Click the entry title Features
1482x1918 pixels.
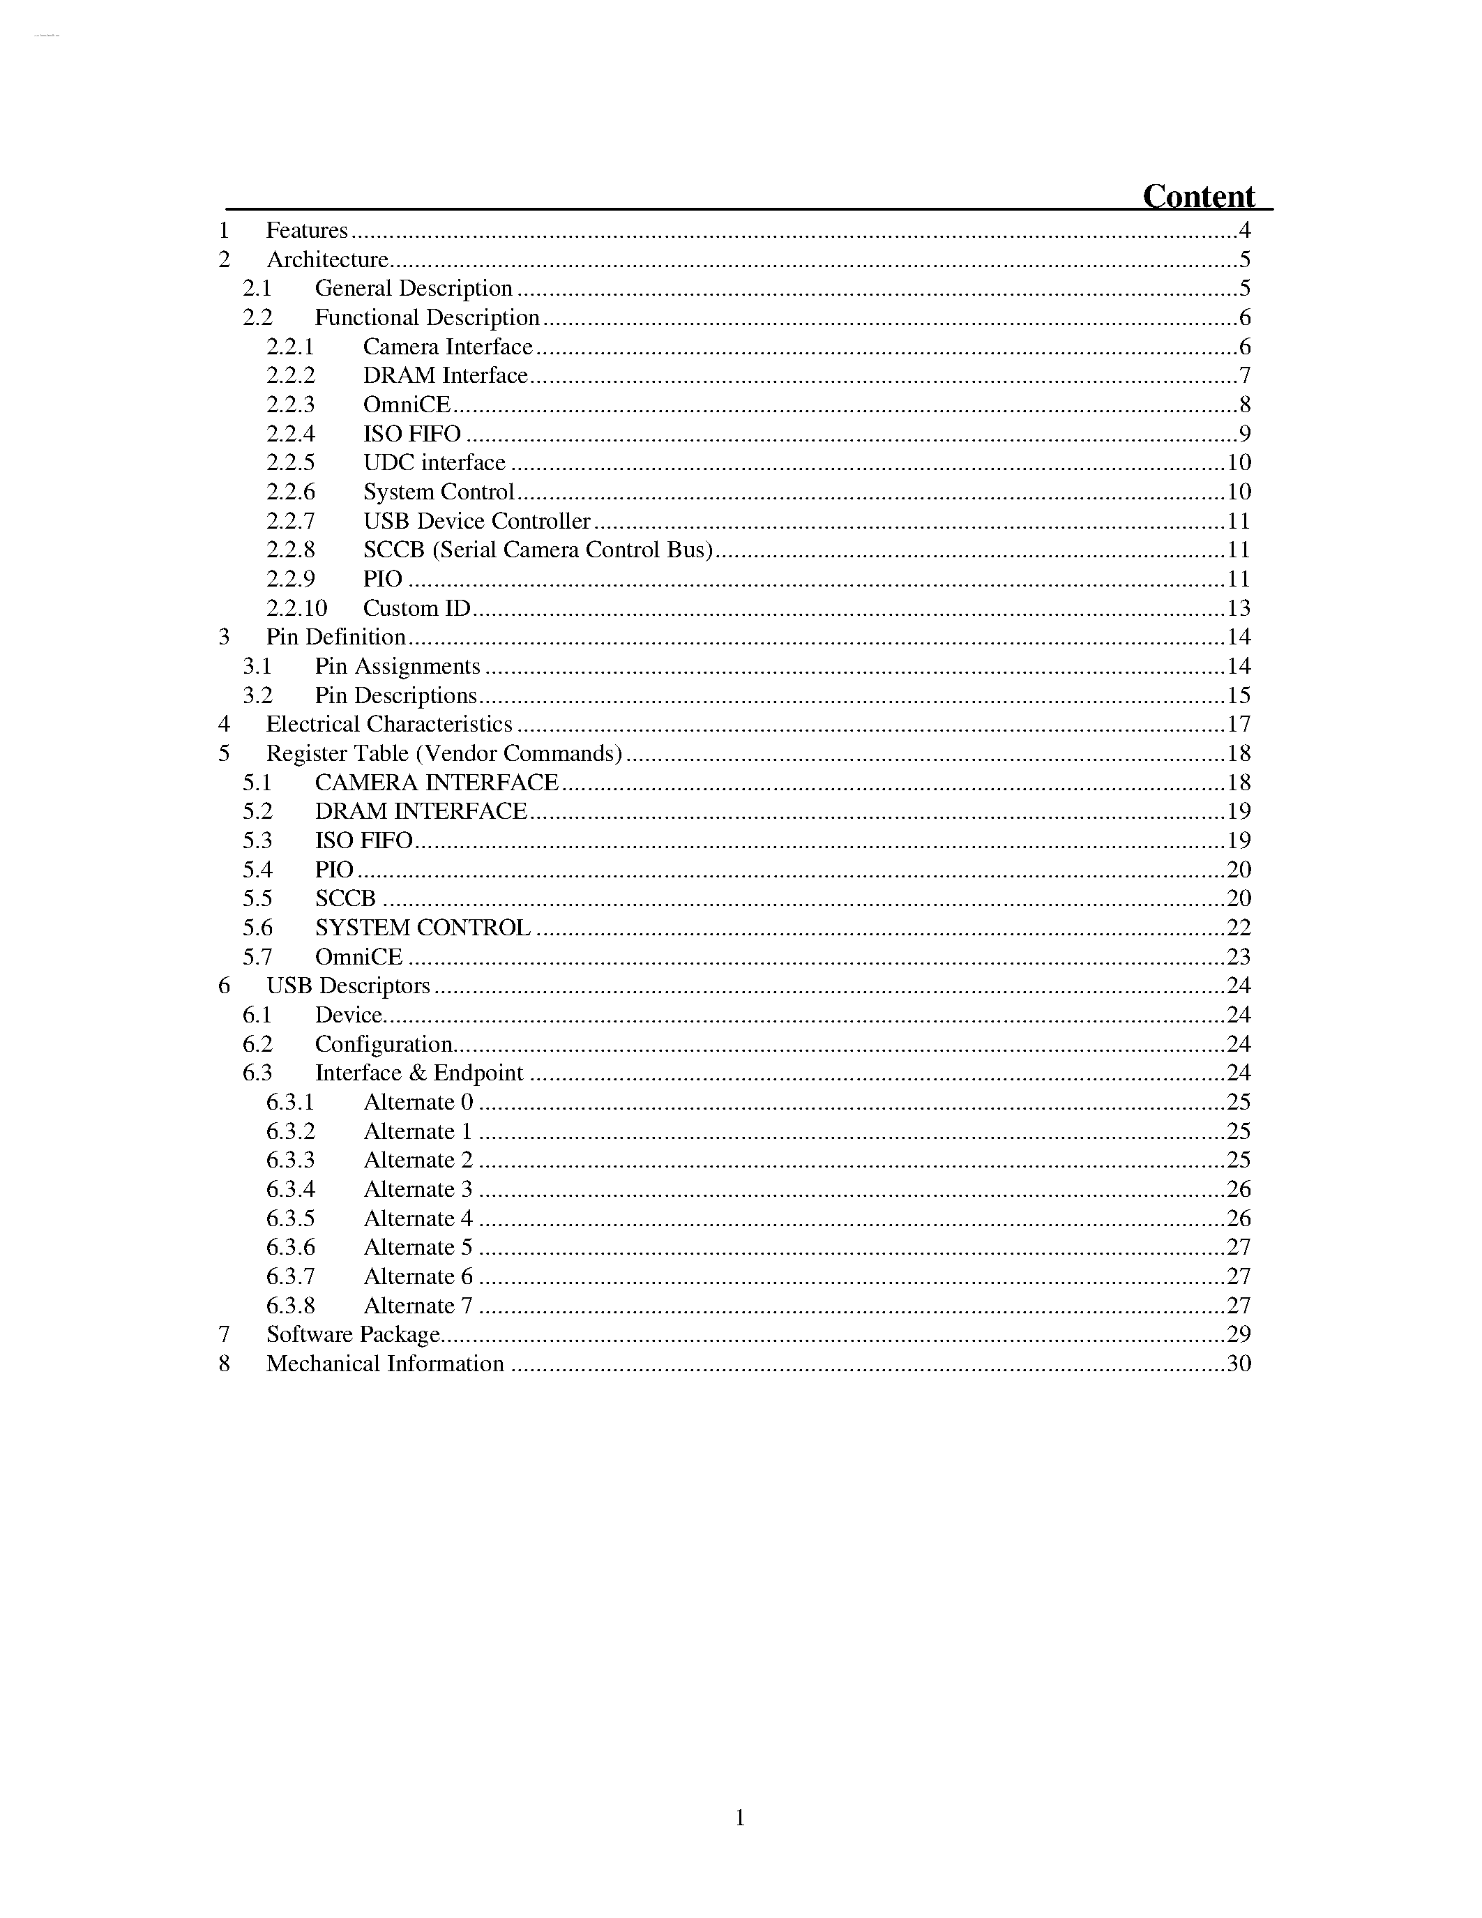coord(306,230)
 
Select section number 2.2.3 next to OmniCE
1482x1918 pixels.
coord(291,405)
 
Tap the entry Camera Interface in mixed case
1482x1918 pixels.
coord(448,347)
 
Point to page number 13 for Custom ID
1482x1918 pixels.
coord(1238,607)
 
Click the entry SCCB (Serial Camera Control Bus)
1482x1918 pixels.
coord(537,550)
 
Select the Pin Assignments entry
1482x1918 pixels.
coord(398,667)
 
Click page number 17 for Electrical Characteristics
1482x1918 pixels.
coord(1238,725)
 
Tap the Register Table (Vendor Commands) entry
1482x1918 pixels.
coord(444,753)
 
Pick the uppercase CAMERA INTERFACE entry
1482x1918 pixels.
coord(437,783)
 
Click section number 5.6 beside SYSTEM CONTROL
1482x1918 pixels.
coord(257,928)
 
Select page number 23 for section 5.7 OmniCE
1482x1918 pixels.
coord(1238,956)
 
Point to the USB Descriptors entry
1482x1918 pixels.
coord(348,986)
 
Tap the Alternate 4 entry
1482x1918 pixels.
coord(418,1218)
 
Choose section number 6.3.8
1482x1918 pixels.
coord(291,1306)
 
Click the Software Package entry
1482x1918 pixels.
coord(353,1335)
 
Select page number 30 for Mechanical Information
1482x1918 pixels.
coord(1238,1364)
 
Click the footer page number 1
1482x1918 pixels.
coord(740,1818)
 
